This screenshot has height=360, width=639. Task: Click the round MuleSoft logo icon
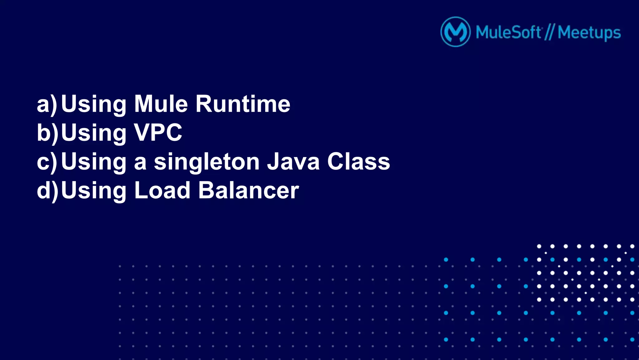tap(455, 32)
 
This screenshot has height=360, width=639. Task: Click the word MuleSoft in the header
tap(508, 32)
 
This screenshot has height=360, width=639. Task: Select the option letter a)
tap(47, 104)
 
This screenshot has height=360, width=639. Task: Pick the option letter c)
tap(47, 162)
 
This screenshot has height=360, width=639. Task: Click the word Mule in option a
tap(161, 104)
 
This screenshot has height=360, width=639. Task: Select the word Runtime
tap(243, 104)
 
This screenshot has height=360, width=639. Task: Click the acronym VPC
tap(158, 133)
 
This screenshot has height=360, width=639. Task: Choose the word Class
tap(359, 162)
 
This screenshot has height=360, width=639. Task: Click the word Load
tap(162, 190)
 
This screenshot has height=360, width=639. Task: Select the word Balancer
tap(249, 190)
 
